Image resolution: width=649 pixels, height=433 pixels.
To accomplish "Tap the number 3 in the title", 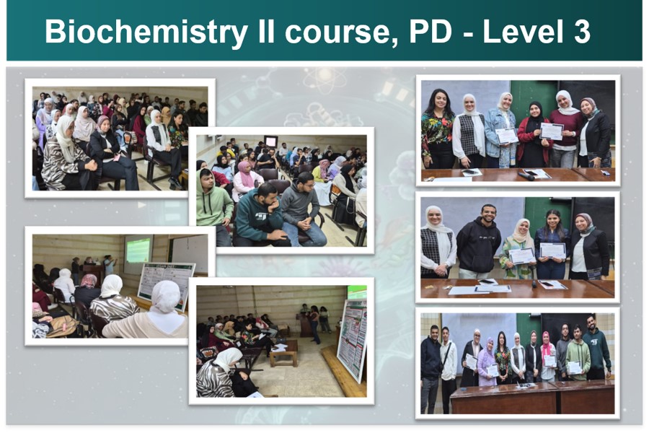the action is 582,32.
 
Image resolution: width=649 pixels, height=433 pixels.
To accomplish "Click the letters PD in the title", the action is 430,32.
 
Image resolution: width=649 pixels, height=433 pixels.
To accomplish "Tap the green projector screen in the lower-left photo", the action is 138,250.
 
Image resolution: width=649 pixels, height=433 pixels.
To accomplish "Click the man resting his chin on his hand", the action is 261,216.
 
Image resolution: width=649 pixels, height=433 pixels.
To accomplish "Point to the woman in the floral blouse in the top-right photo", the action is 437,129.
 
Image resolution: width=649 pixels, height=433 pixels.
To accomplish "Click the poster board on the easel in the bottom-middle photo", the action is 352,340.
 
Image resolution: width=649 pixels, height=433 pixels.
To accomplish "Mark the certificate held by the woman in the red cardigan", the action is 552,131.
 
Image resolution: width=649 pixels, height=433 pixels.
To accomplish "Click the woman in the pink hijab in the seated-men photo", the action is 247,180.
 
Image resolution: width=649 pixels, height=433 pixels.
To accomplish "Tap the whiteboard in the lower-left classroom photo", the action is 190,253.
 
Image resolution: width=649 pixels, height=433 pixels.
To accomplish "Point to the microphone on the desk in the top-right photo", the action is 526,176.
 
